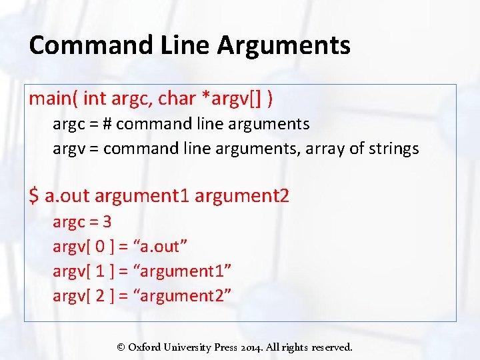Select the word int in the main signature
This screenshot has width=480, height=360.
pos(95,99)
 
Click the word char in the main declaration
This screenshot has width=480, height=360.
pos(176,99)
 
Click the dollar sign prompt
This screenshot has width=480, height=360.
pos(34,196)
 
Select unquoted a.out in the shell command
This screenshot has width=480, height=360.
pos(67,196)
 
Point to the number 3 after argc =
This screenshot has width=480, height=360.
pos(106,222)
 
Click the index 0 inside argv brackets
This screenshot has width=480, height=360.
pos(100,247)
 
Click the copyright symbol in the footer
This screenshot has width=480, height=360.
pos(121,347)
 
